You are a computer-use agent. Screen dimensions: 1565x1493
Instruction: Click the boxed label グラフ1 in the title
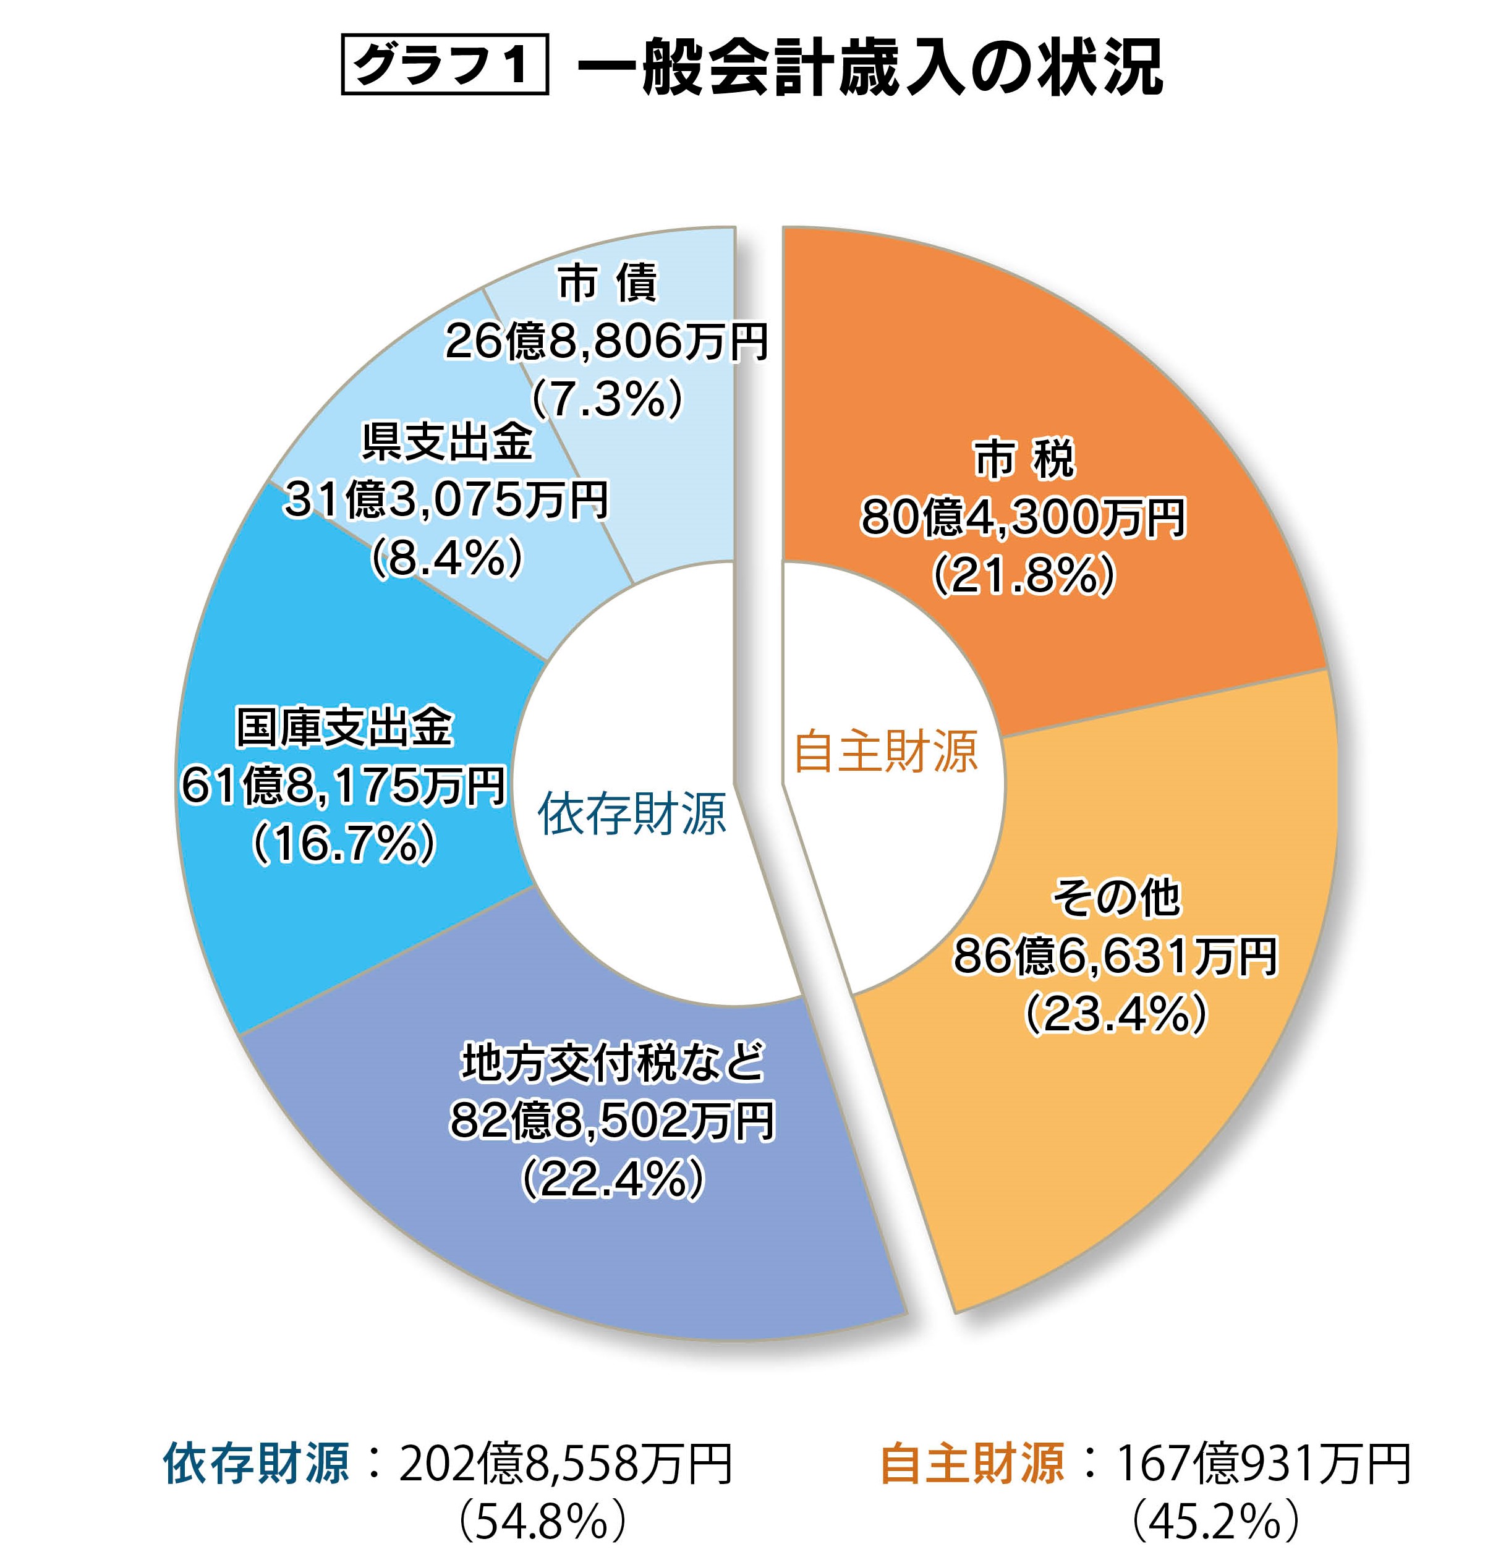pyautogui.click(x=444, y=64)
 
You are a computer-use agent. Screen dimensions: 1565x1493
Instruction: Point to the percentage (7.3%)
pyautogui.click(x=606, y=399)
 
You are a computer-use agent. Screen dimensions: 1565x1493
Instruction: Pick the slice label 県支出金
pyautogui.click(x=446, y=443)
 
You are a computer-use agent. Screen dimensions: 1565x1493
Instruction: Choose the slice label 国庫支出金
pyautogui.click(x=344, y=727)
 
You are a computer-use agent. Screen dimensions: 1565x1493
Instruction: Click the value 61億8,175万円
pyautogui.click(x=344, y=786)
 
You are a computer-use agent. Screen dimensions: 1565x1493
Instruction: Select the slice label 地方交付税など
pyautogui.click(x=613, y=1062)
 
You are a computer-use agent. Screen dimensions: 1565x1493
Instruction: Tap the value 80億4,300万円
pyautogui.click(x=1023, y=517)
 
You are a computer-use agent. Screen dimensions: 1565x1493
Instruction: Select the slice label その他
pyautogui.click(x=1117, y=897)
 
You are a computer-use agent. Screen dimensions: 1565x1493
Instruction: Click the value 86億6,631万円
pyautogui.click(x=1116, y=956)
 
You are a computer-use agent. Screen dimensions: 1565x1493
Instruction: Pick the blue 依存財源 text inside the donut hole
pyautogui.click(x=632, y=813)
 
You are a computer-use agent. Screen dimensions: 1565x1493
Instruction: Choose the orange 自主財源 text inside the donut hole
pyautogui.click(x=886, y=751)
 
